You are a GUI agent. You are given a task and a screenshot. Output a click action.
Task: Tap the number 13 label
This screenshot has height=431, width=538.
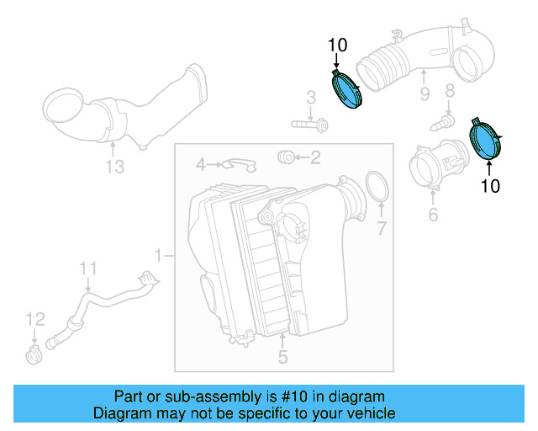click(x=114, y=168)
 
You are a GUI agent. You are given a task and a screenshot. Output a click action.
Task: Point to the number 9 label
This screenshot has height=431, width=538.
click(x=425, y=93)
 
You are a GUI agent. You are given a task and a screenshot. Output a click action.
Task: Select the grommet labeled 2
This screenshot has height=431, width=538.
click(x=285, y=157)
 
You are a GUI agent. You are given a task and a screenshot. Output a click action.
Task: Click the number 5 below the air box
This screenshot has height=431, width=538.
click(x=282, y=358)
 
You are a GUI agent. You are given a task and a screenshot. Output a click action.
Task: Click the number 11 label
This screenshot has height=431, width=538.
click(x=89, y=269)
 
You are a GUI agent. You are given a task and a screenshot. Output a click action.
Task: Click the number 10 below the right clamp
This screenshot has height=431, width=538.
click(x=490, y=186)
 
